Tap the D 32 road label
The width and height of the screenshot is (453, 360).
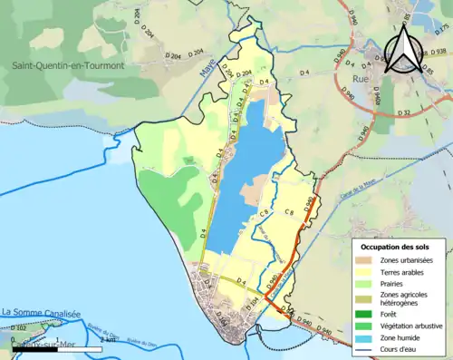404,112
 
